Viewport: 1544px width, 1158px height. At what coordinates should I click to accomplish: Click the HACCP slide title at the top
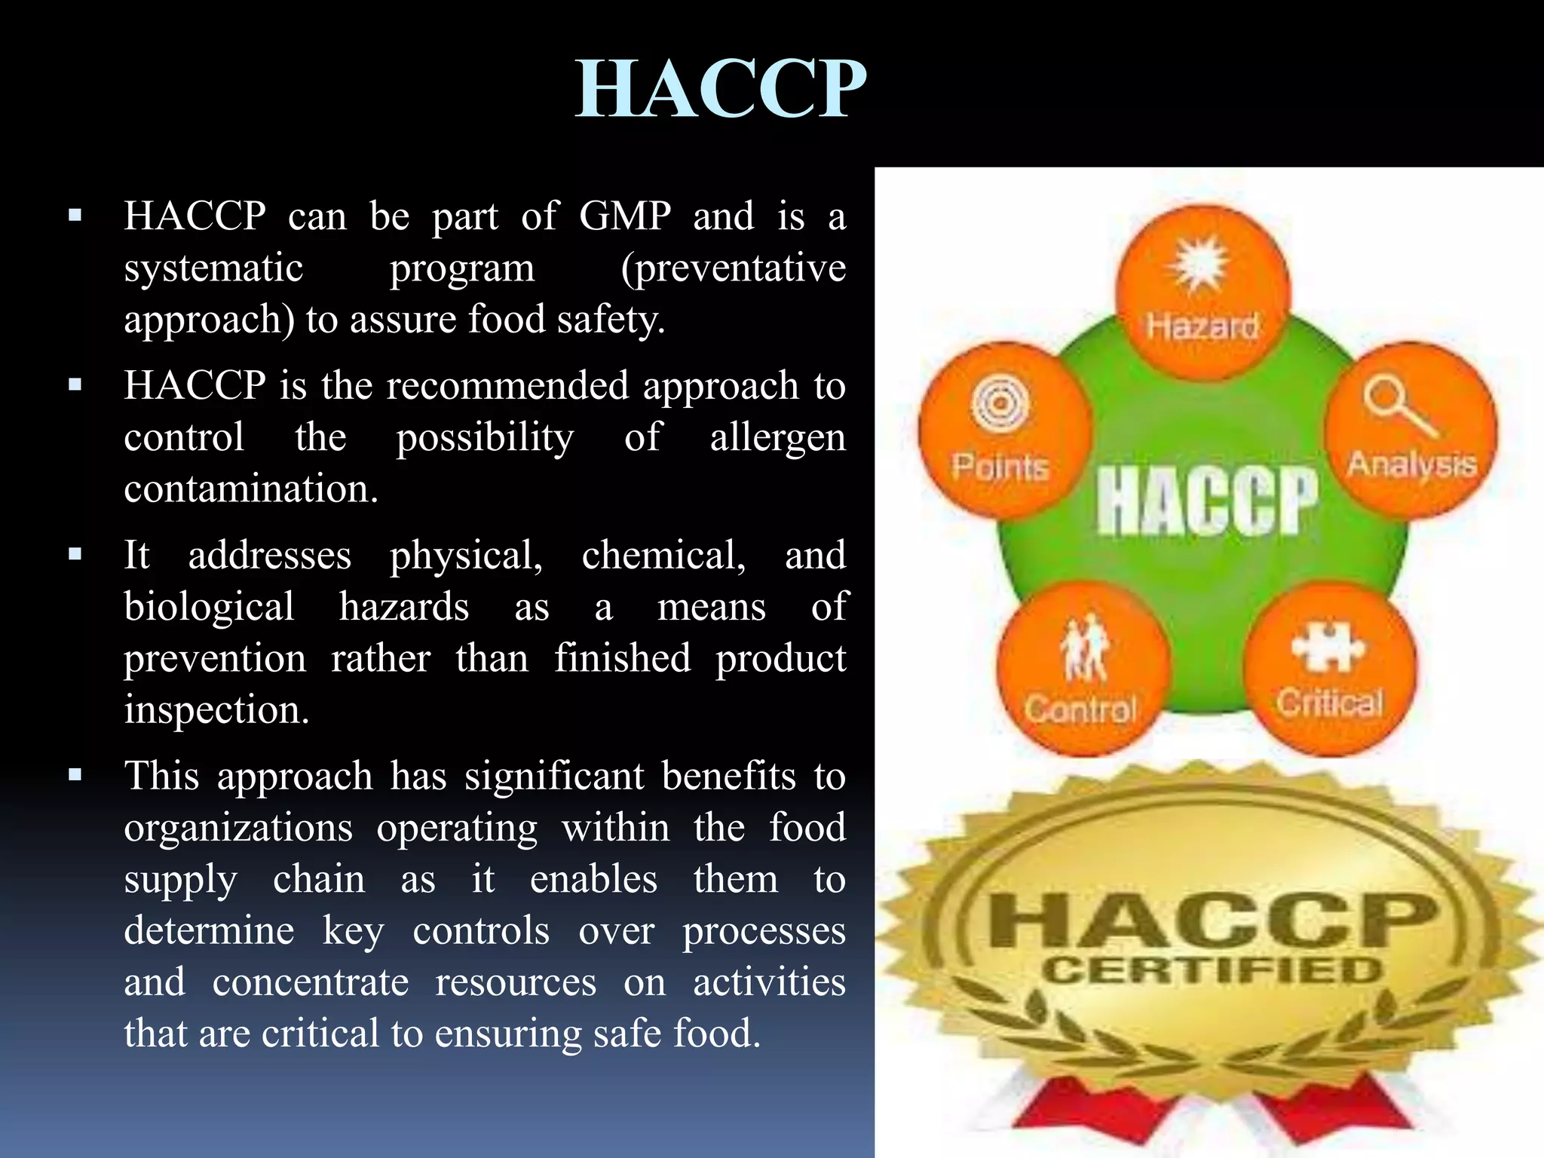pyautogui.click(x=720, y=89)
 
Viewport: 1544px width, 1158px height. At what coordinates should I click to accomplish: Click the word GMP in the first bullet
pyautogui.click(x=624, y=216)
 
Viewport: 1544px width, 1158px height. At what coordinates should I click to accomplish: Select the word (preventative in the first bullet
pyautogui.click(x=733, y=268)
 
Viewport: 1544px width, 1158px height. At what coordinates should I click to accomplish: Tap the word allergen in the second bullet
pyautogui.click(x=777, y=438)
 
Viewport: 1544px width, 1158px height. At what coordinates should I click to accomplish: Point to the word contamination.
pyautogui.click(x=251, y=489)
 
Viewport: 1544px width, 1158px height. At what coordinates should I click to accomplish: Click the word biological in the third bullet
pyautogui.click(x=209, y=607)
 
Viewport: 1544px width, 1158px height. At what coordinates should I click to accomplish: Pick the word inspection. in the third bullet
pyautogui.click(x=216, y=710)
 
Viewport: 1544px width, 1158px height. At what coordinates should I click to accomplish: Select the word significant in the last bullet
pyautogui.click(x=554, y=777)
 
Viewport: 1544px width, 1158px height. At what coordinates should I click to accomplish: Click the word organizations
pyautogui.click(x=238, y=828)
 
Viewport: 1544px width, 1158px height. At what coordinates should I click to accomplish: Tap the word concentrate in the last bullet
pyautogui.click(x=311, y=982)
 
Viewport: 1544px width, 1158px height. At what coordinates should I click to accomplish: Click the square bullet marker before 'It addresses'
pyautogui.click(x=75, y=555)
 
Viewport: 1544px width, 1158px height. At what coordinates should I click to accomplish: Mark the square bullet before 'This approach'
pyautogui.click(x=75, y=775)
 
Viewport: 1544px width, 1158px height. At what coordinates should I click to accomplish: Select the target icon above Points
pyautogui.click(x=1000, y=402)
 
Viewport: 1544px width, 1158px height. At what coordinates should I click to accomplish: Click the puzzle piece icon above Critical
pyautogui.click(x=1328, y=646)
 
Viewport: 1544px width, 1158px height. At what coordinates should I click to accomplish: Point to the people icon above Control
pyautogui.click(x=1083, y=646)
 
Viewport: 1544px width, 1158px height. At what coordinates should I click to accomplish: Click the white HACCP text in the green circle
pyautogui.click(x=1207, y=500)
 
